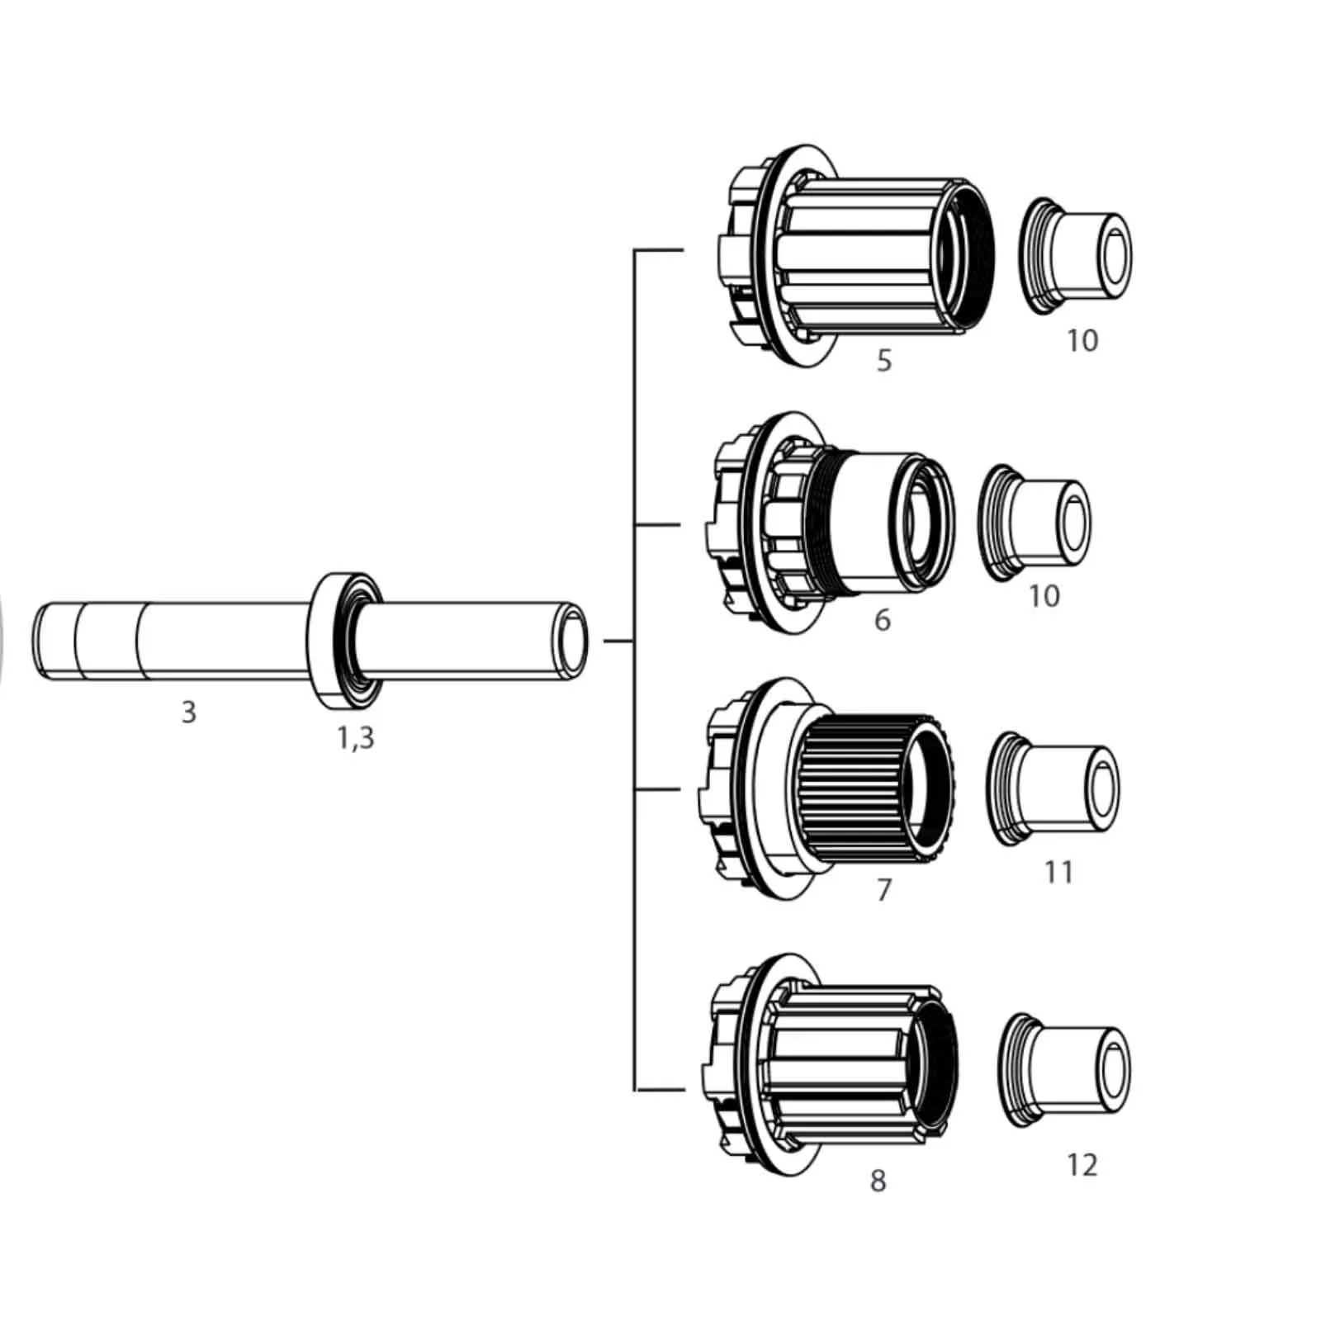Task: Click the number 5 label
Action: (x=884, y=361)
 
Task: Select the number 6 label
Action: (x=883, y=620)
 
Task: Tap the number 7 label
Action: (x=884, y=890)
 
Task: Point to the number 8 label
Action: (x=878, y=1181)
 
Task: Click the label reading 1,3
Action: (x=356, y=738)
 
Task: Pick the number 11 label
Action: (x=1058, y=872)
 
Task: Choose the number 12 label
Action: (x=1082, y=1165)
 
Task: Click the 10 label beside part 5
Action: (x=1082, y=340)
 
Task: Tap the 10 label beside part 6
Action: (x=1044, y=596)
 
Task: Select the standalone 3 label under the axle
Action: (x=189, y=712)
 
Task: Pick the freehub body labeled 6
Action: (x=831, y=523)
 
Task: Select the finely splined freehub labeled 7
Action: (x=828, y=789)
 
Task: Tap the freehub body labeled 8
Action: (x=830, y=1065)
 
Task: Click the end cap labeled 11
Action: (x=1053, y=788)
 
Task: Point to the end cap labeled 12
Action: (x=1063, y=1071)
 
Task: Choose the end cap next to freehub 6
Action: (x=1034, y=523)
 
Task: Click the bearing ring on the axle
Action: (x=345, y=641)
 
